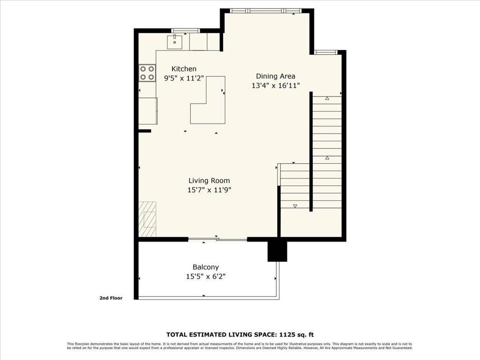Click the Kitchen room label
184,69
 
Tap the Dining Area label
275,76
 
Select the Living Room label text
209,180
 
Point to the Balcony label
206,267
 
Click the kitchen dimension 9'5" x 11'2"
184,78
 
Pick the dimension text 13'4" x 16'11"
275,85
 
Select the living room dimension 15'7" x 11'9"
209,190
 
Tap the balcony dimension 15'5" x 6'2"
206,277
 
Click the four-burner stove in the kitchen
147,73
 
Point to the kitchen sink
176,42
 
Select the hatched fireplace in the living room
147,219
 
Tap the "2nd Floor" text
111,298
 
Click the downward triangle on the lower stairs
295,206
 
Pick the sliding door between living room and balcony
217,240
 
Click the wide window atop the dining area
265,10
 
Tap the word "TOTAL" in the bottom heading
178,335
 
